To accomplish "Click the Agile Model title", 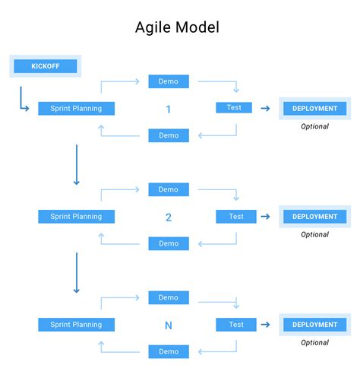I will (177, 28).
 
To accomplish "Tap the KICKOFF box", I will (45, 66).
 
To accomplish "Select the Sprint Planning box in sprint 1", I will (76, 109).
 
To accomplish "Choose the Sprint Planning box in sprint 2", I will (76, 217).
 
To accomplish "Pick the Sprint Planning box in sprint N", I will (76, 325).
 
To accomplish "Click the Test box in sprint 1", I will (234, 108).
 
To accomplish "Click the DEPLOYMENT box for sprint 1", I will (314, 109).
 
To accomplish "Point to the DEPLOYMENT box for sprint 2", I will (314, 217).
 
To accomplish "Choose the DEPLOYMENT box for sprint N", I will (314, 325).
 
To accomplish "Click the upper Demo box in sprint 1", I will (169, 81).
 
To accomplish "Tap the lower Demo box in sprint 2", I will (169, 243).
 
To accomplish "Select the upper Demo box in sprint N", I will (169, 297).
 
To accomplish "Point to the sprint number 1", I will (168, 110).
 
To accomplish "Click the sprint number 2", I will (168, 217).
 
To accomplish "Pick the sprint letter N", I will (168, 325).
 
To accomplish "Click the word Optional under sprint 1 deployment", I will (314, 126).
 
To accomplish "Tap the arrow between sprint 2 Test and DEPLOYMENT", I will (265, 217).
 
